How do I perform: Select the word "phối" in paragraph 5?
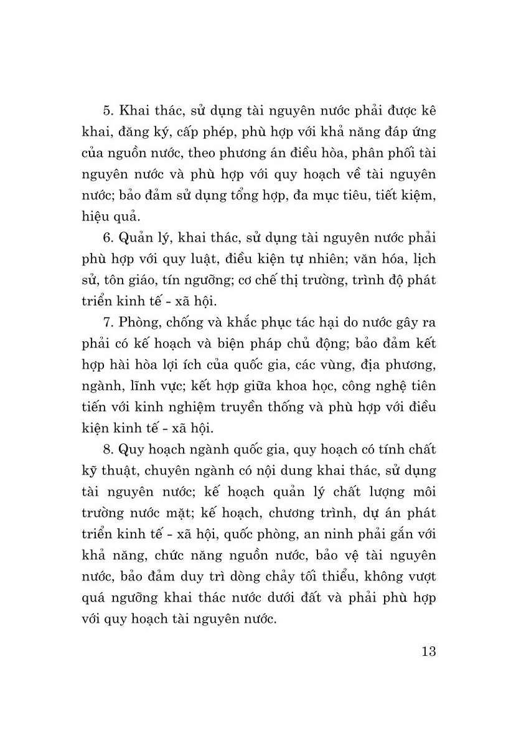397,155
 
